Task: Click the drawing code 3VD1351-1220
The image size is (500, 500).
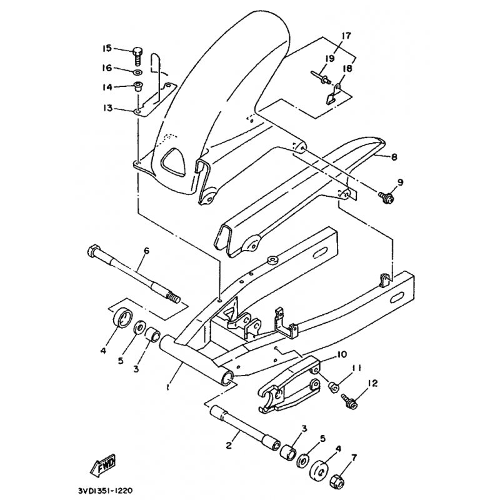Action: pyautogui.click(x=104, y=491)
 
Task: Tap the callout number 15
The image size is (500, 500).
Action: pyautogui.click(x=107, y=49)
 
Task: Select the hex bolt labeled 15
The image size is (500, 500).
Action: pyautogui.click(x=137, y=56)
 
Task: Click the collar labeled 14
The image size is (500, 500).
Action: pyautogui.click(x=138, y=86)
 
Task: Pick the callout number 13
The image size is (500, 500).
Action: pyautogui.click(x=107, y=108)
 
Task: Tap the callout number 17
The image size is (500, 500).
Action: pyautogui.click(x=346, y=36)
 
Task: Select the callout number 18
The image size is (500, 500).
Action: pyautogui.click(x=347, y=69)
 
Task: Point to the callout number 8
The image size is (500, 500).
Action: pyautogui.click(x=394, y=157)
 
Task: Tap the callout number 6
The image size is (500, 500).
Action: pyautogui.click(x=146, y=251)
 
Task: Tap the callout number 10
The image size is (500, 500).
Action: pyautogui.click(x=341, y=354)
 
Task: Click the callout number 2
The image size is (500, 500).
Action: pyautogui.click(x=228, y=446)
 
